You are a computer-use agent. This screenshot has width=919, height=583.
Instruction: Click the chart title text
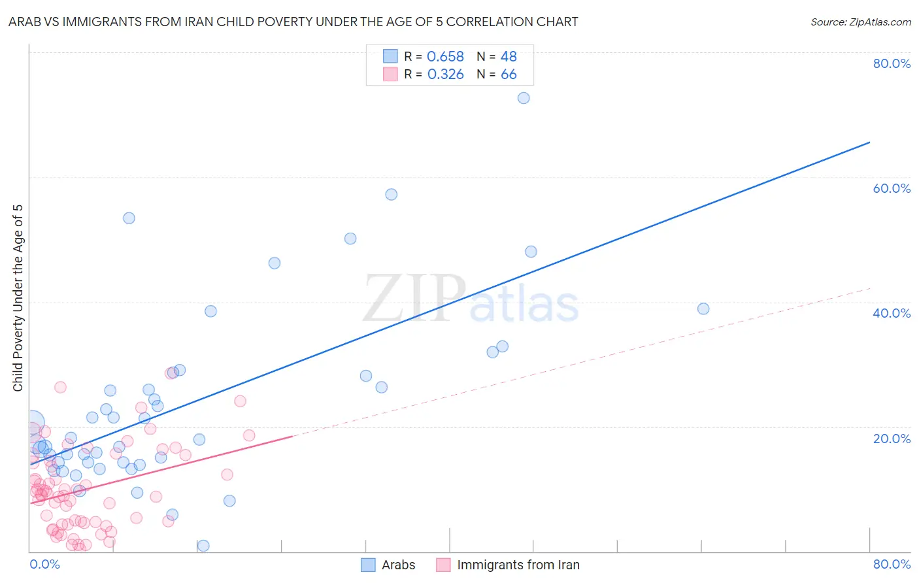[293, 22]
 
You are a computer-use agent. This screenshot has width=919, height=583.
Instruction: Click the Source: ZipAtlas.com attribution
[860, 22]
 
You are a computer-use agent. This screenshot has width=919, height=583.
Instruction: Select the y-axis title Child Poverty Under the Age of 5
[18, 298]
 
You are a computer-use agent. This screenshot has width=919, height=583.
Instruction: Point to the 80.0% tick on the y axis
[892, 63]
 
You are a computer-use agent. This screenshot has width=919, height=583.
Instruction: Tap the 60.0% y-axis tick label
[892, 188]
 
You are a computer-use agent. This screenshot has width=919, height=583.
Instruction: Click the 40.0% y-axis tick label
[892, 313]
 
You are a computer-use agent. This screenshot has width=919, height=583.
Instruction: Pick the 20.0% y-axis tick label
[892, 439]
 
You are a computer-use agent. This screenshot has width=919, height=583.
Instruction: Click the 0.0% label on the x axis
[44, 564]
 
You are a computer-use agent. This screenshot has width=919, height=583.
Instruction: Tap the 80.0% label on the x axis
[892, 564]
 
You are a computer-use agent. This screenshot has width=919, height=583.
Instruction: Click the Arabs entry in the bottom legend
[397, 565]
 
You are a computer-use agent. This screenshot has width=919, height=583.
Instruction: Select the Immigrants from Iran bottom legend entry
[518, 565]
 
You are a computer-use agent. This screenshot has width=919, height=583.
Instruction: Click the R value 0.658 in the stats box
[445, 57]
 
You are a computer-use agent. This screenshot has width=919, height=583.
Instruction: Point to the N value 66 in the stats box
[509, 75]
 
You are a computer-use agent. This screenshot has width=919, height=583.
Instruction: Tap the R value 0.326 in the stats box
[445, 75]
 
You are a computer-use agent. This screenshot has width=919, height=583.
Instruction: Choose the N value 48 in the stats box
[509, 57]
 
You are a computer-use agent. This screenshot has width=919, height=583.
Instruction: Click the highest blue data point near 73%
[524, 98]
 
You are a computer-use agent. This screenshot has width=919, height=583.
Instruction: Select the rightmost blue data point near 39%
[703, 308]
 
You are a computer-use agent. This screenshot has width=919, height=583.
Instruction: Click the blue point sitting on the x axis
[203, 546]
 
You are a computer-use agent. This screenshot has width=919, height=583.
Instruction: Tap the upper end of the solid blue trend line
[869, 142]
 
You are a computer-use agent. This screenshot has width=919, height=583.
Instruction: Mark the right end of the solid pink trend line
[292, 436]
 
